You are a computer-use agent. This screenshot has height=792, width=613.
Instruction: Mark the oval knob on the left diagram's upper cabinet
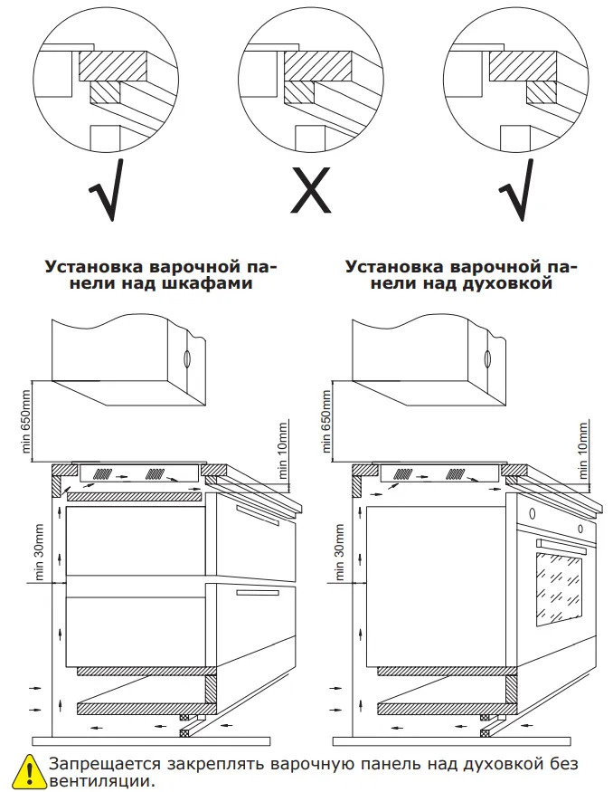[186, 358]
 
